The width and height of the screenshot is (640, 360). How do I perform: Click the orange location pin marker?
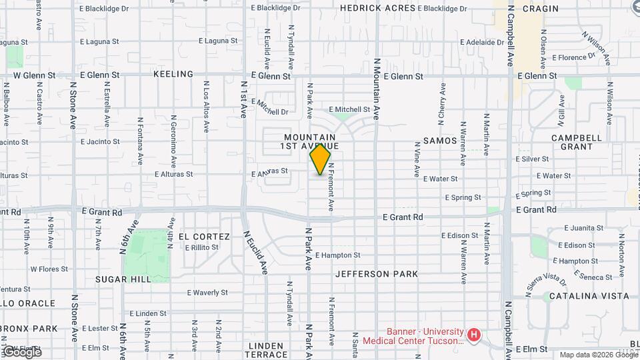coord(320,159)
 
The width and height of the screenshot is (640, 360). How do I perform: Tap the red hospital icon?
coord(473,334)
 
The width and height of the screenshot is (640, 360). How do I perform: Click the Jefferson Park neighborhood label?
coord(377,274)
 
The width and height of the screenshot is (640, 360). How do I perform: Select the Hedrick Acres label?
coord(377,8)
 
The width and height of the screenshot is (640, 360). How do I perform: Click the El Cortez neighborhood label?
coord(203,237)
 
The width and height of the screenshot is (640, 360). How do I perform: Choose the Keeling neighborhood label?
coord(173,75)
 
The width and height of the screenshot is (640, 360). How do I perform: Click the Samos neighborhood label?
coord(440,141)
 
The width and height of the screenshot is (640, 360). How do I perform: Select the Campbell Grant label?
coord(572,142)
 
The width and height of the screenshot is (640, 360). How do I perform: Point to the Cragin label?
coord(540,9)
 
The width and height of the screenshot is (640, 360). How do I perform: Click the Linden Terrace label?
coord(267,351)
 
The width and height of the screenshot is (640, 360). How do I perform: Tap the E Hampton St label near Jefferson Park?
coord(337,255)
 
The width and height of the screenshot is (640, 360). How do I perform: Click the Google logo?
coord(21,351)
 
